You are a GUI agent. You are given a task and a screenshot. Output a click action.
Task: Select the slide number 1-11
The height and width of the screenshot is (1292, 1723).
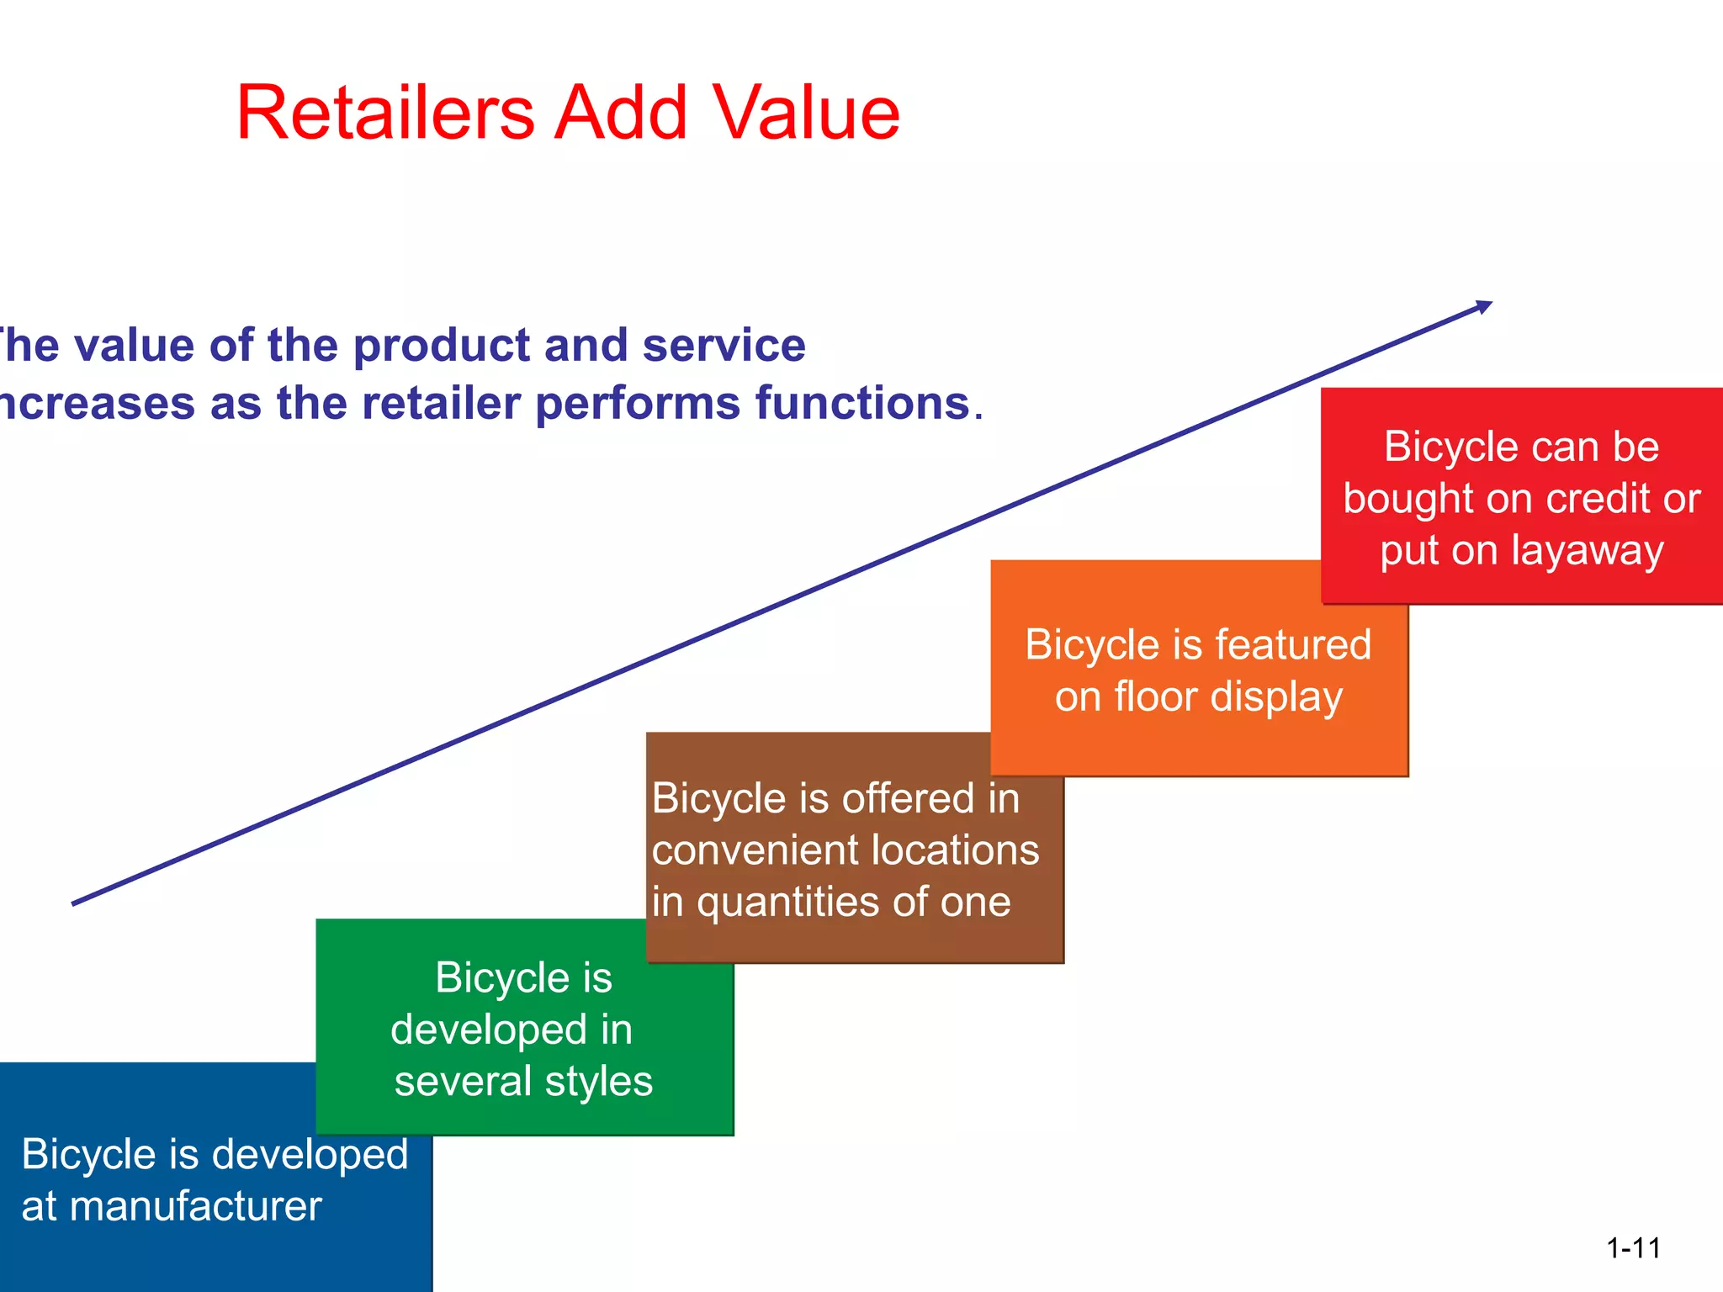coord(1633,1248)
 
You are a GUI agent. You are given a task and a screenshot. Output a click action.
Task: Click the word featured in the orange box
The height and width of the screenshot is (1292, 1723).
coord(1293,645)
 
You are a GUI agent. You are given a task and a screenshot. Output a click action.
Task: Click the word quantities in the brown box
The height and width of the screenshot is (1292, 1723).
coord(787,903)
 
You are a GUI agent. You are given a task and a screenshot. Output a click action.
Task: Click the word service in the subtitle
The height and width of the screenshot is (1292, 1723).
coord(724,346)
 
